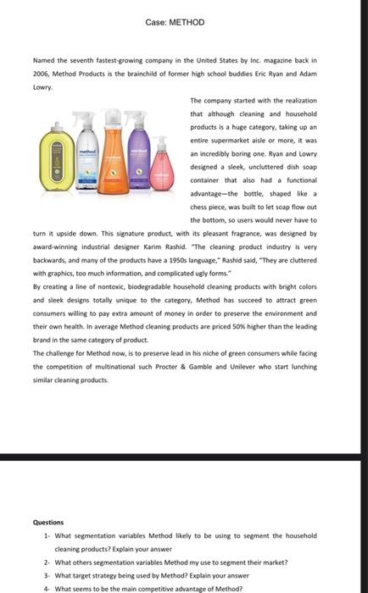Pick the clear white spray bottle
pyautogui.click(x=86, y=161)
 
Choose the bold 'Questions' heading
pyautogui.click(x=47, y=523)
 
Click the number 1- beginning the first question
pyautogui.click(x=47, y=535)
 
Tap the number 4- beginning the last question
pyautogui.click(x=47, y=588)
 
